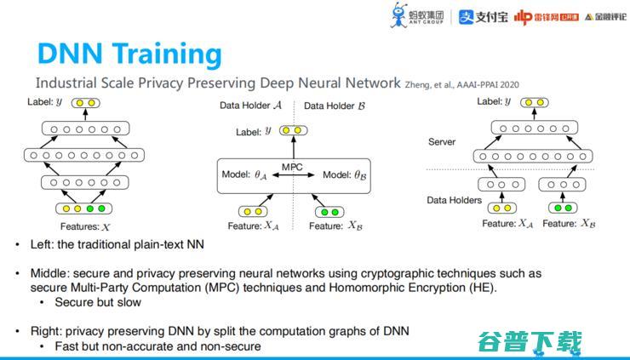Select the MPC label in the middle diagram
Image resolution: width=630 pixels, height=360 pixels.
[293, 166]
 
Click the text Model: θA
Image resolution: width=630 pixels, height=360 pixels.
[247, 175]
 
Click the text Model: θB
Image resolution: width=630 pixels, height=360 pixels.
[342, 175]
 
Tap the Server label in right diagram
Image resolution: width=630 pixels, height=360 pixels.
[442, 141]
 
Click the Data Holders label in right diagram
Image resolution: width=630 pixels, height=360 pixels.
[454, 200]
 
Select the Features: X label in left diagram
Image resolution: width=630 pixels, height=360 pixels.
[85, 227]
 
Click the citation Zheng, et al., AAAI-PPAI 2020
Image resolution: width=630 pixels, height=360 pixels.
[461, 84]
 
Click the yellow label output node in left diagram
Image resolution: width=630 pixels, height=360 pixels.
[86, 103]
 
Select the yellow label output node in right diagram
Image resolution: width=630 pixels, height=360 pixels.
[535, 103]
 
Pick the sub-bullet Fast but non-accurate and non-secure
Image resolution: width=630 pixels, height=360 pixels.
[157, 346]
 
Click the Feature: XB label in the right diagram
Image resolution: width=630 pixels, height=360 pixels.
[569, 224]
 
